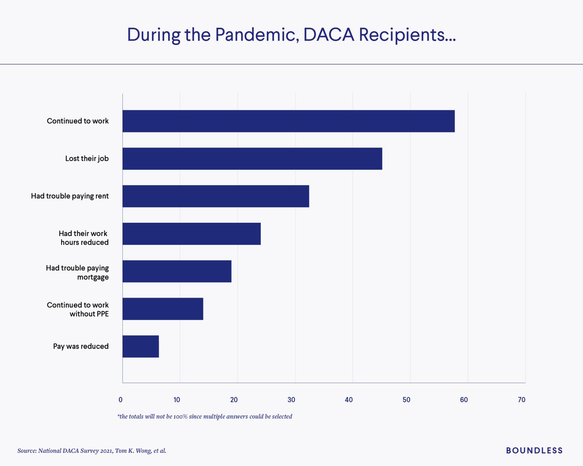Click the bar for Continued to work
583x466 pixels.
click(x=288, y=121)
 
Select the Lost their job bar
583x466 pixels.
click(x=252, y=159)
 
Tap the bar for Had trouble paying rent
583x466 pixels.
click(x=216, y=196)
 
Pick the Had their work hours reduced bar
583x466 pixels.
click(x=192, y=234)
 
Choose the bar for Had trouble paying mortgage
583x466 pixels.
click(x=177, y=271)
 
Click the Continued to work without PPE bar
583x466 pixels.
click(x=163, y=309)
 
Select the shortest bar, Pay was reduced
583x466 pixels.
click(x=141, y=346)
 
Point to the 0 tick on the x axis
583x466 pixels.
click(x=121, y=400)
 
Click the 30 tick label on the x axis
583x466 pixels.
click(x=291, y=400)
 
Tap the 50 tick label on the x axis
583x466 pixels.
click(x=406, y=400)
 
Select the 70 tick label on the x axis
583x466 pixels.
click(x=521, y=400)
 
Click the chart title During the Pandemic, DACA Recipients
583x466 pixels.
click(x=291, y=35)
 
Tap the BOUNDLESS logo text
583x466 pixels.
click(x=534, y=451)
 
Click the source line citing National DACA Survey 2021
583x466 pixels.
click(x=92, y=451)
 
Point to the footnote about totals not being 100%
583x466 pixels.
click(x=205, y=416)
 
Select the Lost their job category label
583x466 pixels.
click(x=87, y=159)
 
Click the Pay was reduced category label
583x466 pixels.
click(x=81, y=346)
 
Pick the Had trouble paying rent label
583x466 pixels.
click(x=70, y=196)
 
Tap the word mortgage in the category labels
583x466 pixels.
click(x=93, y=277)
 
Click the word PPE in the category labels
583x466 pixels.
click(x=102, y=314)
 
